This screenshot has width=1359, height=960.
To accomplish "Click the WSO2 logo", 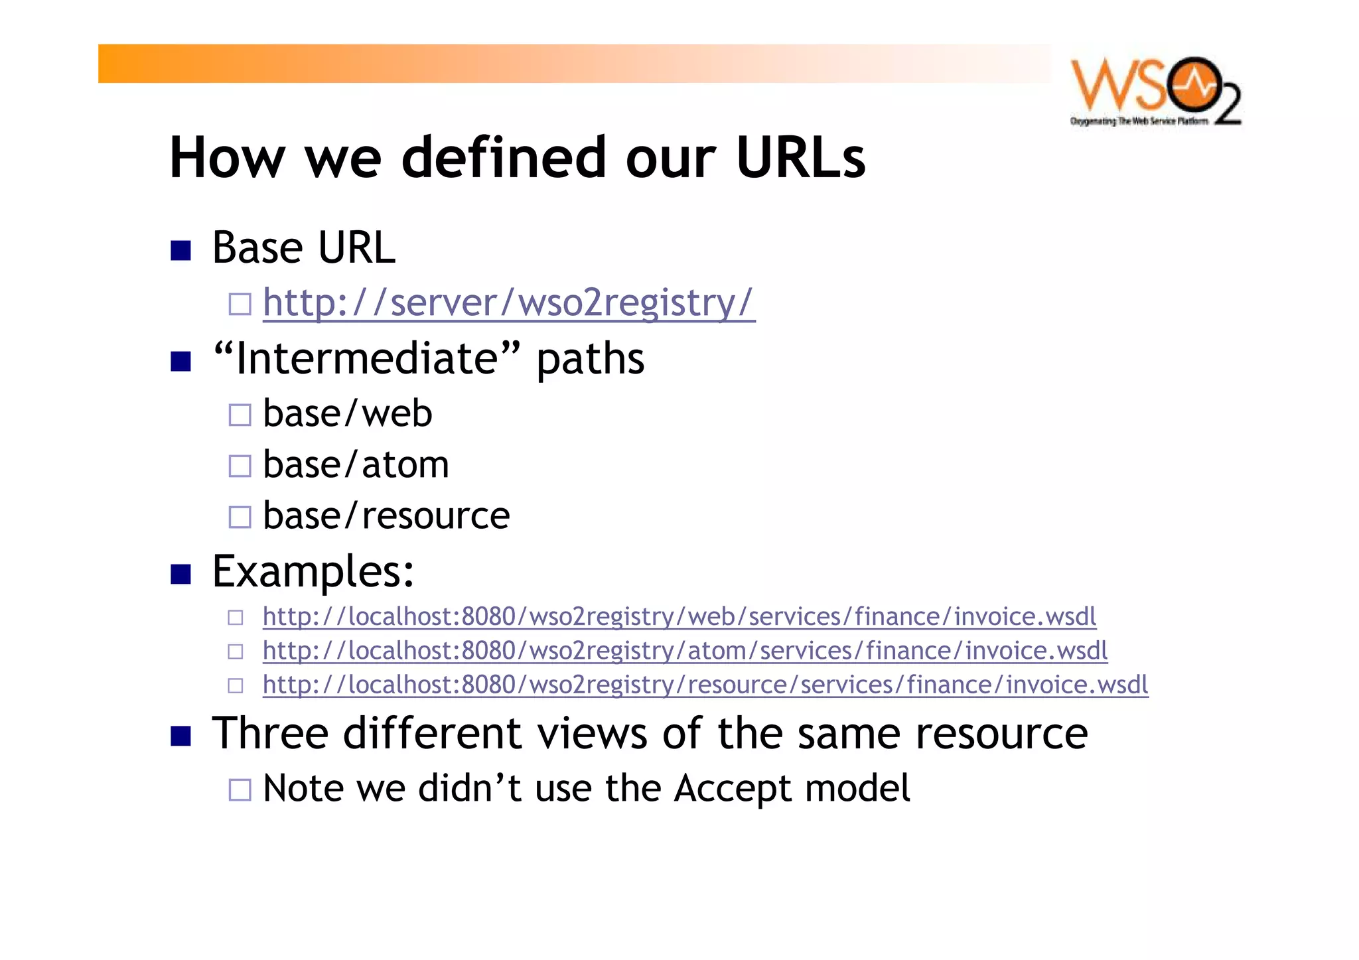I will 1155,92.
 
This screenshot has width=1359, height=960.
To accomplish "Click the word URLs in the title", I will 800,158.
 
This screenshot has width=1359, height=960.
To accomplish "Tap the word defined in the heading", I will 504,158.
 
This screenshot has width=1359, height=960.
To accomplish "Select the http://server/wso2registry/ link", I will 508,303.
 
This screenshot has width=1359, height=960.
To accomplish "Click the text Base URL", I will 303,248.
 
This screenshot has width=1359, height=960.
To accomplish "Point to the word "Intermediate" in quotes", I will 366,359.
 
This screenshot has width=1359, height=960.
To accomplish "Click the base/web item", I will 347,414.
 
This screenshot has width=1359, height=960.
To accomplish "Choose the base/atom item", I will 356,464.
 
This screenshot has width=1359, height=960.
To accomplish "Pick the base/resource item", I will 386,515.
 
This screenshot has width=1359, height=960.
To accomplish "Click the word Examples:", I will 313,571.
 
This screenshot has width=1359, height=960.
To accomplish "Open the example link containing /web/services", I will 679,617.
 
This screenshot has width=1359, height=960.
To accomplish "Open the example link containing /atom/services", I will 685,651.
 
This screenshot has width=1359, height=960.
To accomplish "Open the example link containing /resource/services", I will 705,685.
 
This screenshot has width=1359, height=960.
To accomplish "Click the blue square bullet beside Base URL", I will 180,251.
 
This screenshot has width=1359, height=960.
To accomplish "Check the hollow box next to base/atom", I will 240,466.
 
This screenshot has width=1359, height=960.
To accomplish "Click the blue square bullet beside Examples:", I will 180,574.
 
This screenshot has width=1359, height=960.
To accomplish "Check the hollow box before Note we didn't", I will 240,789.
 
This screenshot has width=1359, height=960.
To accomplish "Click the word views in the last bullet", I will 592,734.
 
